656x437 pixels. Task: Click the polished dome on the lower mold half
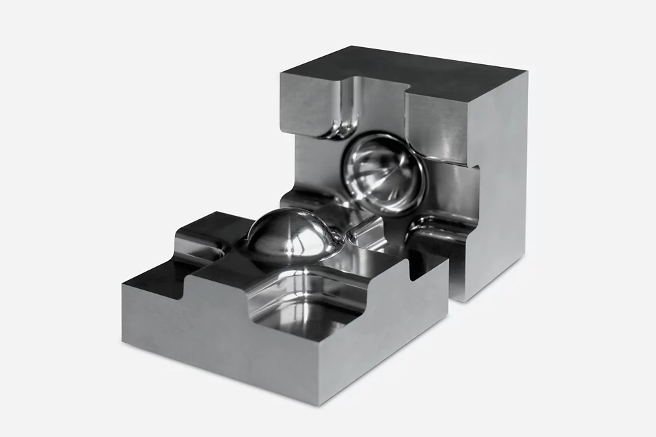pos(287,236)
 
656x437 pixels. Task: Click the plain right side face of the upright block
pos(502,184)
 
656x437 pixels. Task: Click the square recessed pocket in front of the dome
pos(307,300)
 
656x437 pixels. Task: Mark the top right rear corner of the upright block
pos(527,73)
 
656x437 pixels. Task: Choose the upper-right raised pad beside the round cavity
pos(437,130)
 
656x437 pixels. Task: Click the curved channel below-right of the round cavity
pos(437,229)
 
